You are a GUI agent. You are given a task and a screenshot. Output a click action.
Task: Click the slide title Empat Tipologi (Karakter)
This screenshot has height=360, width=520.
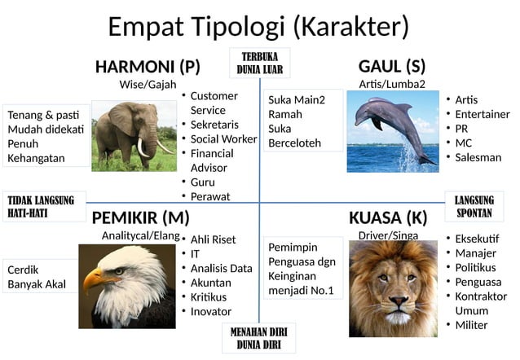click(258, 26)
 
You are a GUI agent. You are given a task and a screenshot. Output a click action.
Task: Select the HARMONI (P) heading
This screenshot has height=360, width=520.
click(148, 66)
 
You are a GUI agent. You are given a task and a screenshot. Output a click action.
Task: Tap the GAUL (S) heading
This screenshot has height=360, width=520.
click(391, 66)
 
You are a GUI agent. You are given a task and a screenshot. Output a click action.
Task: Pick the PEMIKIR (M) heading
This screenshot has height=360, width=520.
click(140, 217)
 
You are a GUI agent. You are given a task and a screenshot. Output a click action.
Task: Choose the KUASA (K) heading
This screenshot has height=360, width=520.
click(387, 217)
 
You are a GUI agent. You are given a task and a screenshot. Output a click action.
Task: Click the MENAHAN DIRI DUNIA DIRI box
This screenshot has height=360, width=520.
click(258, 338)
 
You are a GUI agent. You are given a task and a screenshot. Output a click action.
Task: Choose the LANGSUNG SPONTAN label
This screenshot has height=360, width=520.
click(474, 207)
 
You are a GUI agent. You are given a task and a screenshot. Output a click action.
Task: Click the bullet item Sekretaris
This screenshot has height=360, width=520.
click(214, 125)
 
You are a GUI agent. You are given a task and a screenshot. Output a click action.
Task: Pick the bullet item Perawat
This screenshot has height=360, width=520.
click(210, 196)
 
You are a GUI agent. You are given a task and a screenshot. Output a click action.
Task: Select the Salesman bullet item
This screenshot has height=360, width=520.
click(478, 157)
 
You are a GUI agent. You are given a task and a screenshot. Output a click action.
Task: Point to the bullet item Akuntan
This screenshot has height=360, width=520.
click(210, 283)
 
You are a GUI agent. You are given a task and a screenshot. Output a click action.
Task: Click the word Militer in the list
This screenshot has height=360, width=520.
click(471, 325)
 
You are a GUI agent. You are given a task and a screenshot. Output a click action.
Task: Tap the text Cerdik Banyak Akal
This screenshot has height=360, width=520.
click(37, 277)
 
